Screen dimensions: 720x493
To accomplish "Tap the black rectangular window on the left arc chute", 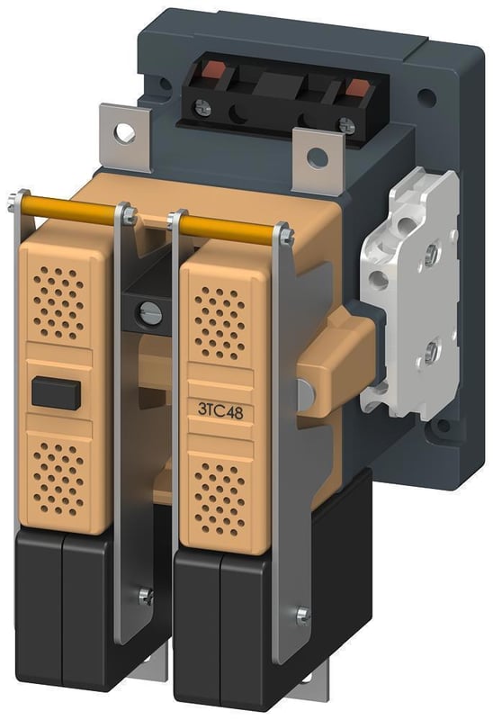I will (x=55, y=392).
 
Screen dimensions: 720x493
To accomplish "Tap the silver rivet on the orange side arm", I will (x=307, y=391).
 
